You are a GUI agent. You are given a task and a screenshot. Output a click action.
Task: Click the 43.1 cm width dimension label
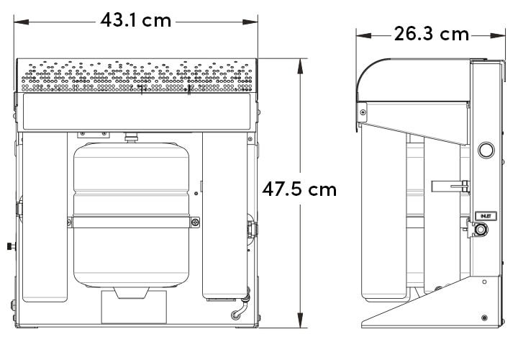[x=136, y=20]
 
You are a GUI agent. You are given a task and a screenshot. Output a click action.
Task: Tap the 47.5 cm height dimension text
[x=299, y=189]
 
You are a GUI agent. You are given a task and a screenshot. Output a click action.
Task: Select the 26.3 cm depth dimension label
[x=431, y=34]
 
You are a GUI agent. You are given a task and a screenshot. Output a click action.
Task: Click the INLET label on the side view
[x=484, y=215]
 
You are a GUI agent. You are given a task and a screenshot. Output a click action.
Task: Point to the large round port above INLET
[x=486, y=150]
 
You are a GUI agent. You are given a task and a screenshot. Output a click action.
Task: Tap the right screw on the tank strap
[x=194, y=222]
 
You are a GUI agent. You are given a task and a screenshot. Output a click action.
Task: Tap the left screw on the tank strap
[x=70, y=222]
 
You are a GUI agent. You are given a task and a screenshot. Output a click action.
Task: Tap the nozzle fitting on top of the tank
[x=131, y=137]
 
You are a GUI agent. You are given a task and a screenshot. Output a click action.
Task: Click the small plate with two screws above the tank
[x=94, y=134]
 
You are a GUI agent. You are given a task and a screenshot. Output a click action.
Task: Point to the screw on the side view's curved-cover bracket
[x=363, y=111]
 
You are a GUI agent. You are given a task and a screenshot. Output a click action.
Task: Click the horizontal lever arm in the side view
[x=450, y=186]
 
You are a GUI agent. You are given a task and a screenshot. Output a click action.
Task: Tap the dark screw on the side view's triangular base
[x=483, y=318]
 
